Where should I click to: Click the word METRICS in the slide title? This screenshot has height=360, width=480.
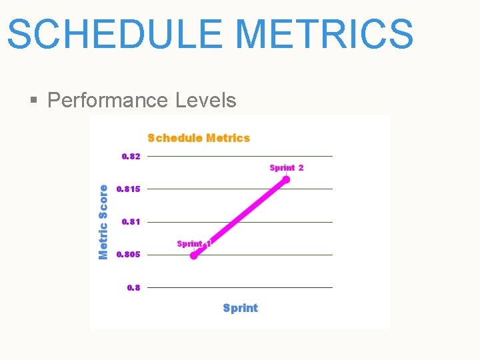pos(325,35)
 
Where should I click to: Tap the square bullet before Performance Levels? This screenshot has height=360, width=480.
pos(34,101)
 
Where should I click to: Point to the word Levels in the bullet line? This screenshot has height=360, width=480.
pos(205,101)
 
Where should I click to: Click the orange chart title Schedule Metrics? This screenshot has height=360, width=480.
pos(199,138)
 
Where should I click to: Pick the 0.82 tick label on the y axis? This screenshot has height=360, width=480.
pos(131,157)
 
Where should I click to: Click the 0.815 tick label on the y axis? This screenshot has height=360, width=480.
pos(129,189)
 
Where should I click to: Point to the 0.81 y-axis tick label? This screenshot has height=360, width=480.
pos(131,222)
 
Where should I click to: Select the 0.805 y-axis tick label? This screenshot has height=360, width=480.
pos(129,255)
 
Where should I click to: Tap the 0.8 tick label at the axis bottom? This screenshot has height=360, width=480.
pos(133,288)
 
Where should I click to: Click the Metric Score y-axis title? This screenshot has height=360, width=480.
pos(103,222)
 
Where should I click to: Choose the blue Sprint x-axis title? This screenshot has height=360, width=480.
pos(240,308)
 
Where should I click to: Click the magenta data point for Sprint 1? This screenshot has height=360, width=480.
pos(194,255)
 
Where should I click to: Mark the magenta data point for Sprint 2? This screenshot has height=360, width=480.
pos(287,179)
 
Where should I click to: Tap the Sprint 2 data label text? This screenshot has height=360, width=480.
pos(287,168)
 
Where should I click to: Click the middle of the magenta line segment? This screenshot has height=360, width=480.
pos(240,217)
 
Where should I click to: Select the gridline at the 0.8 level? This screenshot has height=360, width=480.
pos(240,288)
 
